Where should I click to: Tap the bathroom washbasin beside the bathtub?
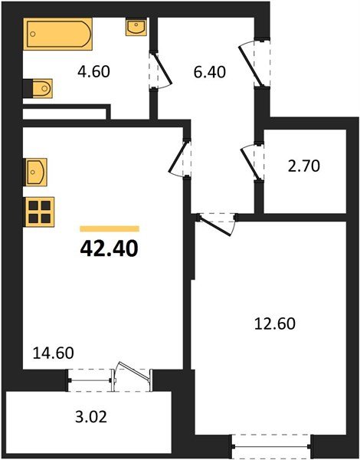point(136,29)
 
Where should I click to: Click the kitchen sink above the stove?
point(36,172)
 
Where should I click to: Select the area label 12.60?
point(274,323)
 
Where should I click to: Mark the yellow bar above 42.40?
point(110,228)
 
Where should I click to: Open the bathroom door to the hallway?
point(156,71)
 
